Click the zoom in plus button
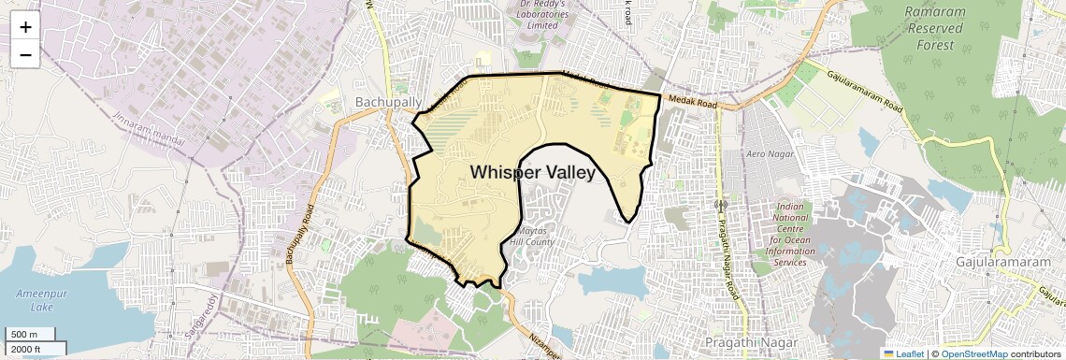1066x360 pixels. click(25, 26)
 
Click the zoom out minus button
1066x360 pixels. click(25, 54)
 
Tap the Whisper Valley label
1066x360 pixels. click(532, 172)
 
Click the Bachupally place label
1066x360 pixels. click(388, 101)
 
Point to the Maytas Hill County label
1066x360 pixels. click(532, 236)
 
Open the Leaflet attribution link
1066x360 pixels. click(902, 353)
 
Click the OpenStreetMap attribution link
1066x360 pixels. click(974, 353)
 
